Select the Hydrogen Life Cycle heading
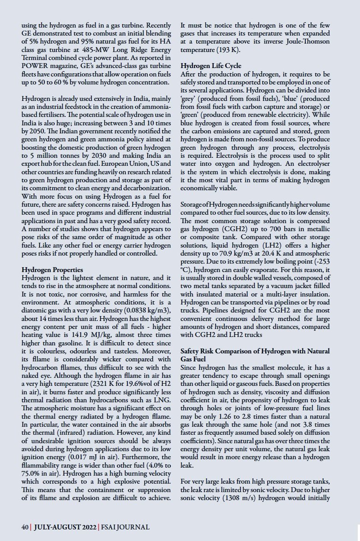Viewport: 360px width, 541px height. [211, 66]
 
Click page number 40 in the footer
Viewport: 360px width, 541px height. [25, 527]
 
